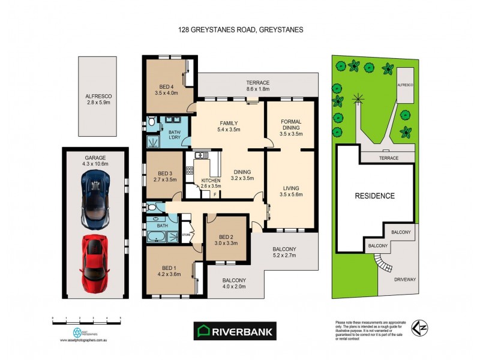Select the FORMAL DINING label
(x=292, y=127)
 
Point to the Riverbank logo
(x=235, y=331)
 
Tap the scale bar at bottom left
(x=86, y=322)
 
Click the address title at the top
(x=239, y=29)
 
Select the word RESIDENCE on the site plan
(x=374, y=196)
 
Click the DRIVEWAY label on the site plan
(x=405, y=280)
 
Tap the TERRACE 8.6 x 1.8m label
(x=257, y=86)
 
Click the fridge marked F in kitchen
(x=214, y=194)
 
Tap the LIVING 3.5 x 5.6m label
(x=291, y=191)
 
